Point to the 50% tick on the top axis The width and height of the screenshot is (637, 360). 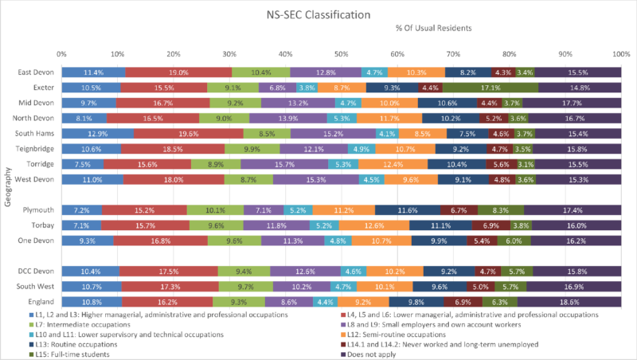tap(341, 54)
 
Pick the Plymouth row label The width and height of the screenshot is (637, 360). tap(36, 210)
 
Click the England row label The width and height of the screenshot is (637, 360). tap(37, 302)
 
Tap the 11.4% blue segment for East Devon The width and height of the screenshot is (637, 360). tap(93, 72)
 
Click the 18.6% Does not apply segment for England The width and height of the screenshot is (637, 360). tap(569, 302)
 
